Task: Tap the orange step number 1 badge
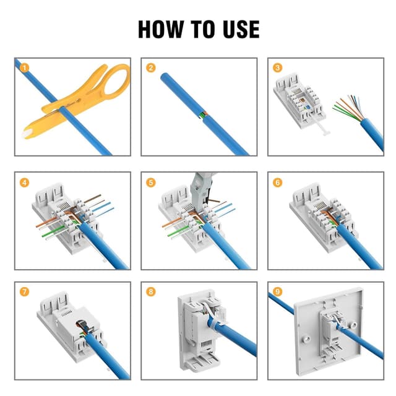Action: (24, 67)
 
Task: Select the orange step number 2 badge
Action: (150, 67)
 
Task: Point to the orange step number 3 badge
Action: (277, 67)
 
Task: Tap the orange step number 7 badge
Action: (24, 291)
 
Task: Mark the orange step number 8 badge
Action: (150, 291)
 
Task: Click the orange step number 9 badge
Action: (277, 291)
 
